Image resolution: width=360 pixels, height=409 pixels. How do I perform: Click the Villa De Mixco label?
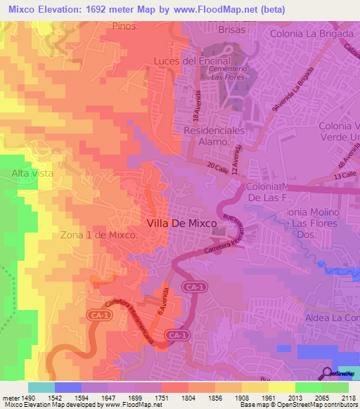(181, 223)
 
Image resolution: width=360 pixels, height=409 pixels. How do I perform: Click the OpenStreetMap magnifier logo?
(328, 373)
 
